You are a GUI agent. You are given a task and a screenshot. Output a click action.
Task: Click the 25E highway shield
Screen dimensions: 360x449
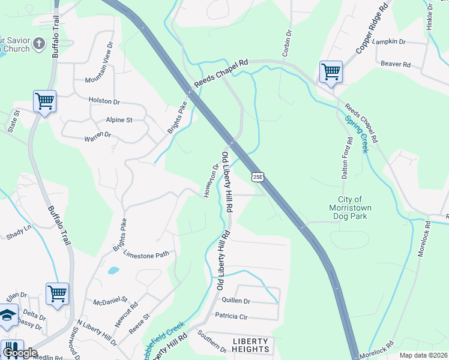click(x=258, y=177)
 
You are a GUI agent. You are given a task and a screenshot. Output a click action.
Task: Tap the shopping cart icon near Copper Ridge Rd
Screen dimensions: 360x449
click(x=331, y=72)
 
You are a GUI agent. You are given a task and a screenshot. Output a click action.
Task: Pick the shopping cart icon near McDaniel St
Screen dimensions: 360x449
click(x=57, y=294)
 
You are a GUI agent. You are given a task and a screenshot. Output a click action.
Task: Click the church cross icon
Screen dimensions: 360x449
click(x=39, y=43)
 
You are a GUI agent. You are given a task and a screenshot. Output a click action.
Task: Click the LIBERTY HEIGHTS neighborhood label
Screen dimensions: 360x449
click(x=250, y=345)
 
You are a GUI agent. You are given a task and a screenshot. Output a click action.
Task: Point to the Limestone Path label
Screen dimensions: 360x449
click(x=146, y=254)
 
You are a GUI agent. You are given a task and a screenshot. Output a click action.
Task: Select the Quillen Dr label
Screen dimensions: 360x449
click(x=235, y=301)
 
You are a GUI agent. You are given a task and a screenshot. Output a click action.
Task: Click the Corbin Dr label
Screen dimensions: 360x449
click(x=286, y=42)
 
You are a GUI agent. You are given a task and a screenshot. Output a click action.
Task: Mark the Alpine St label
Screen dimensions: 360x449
click(x=119, y=120)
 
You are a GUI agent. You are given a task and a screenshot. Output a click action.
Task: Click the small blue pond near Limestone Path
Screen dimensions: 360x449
click(x=113, y=271)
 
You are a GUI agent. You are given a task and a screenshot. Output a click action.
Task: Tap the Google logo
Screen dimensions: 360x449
click(x=20, y=353)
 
